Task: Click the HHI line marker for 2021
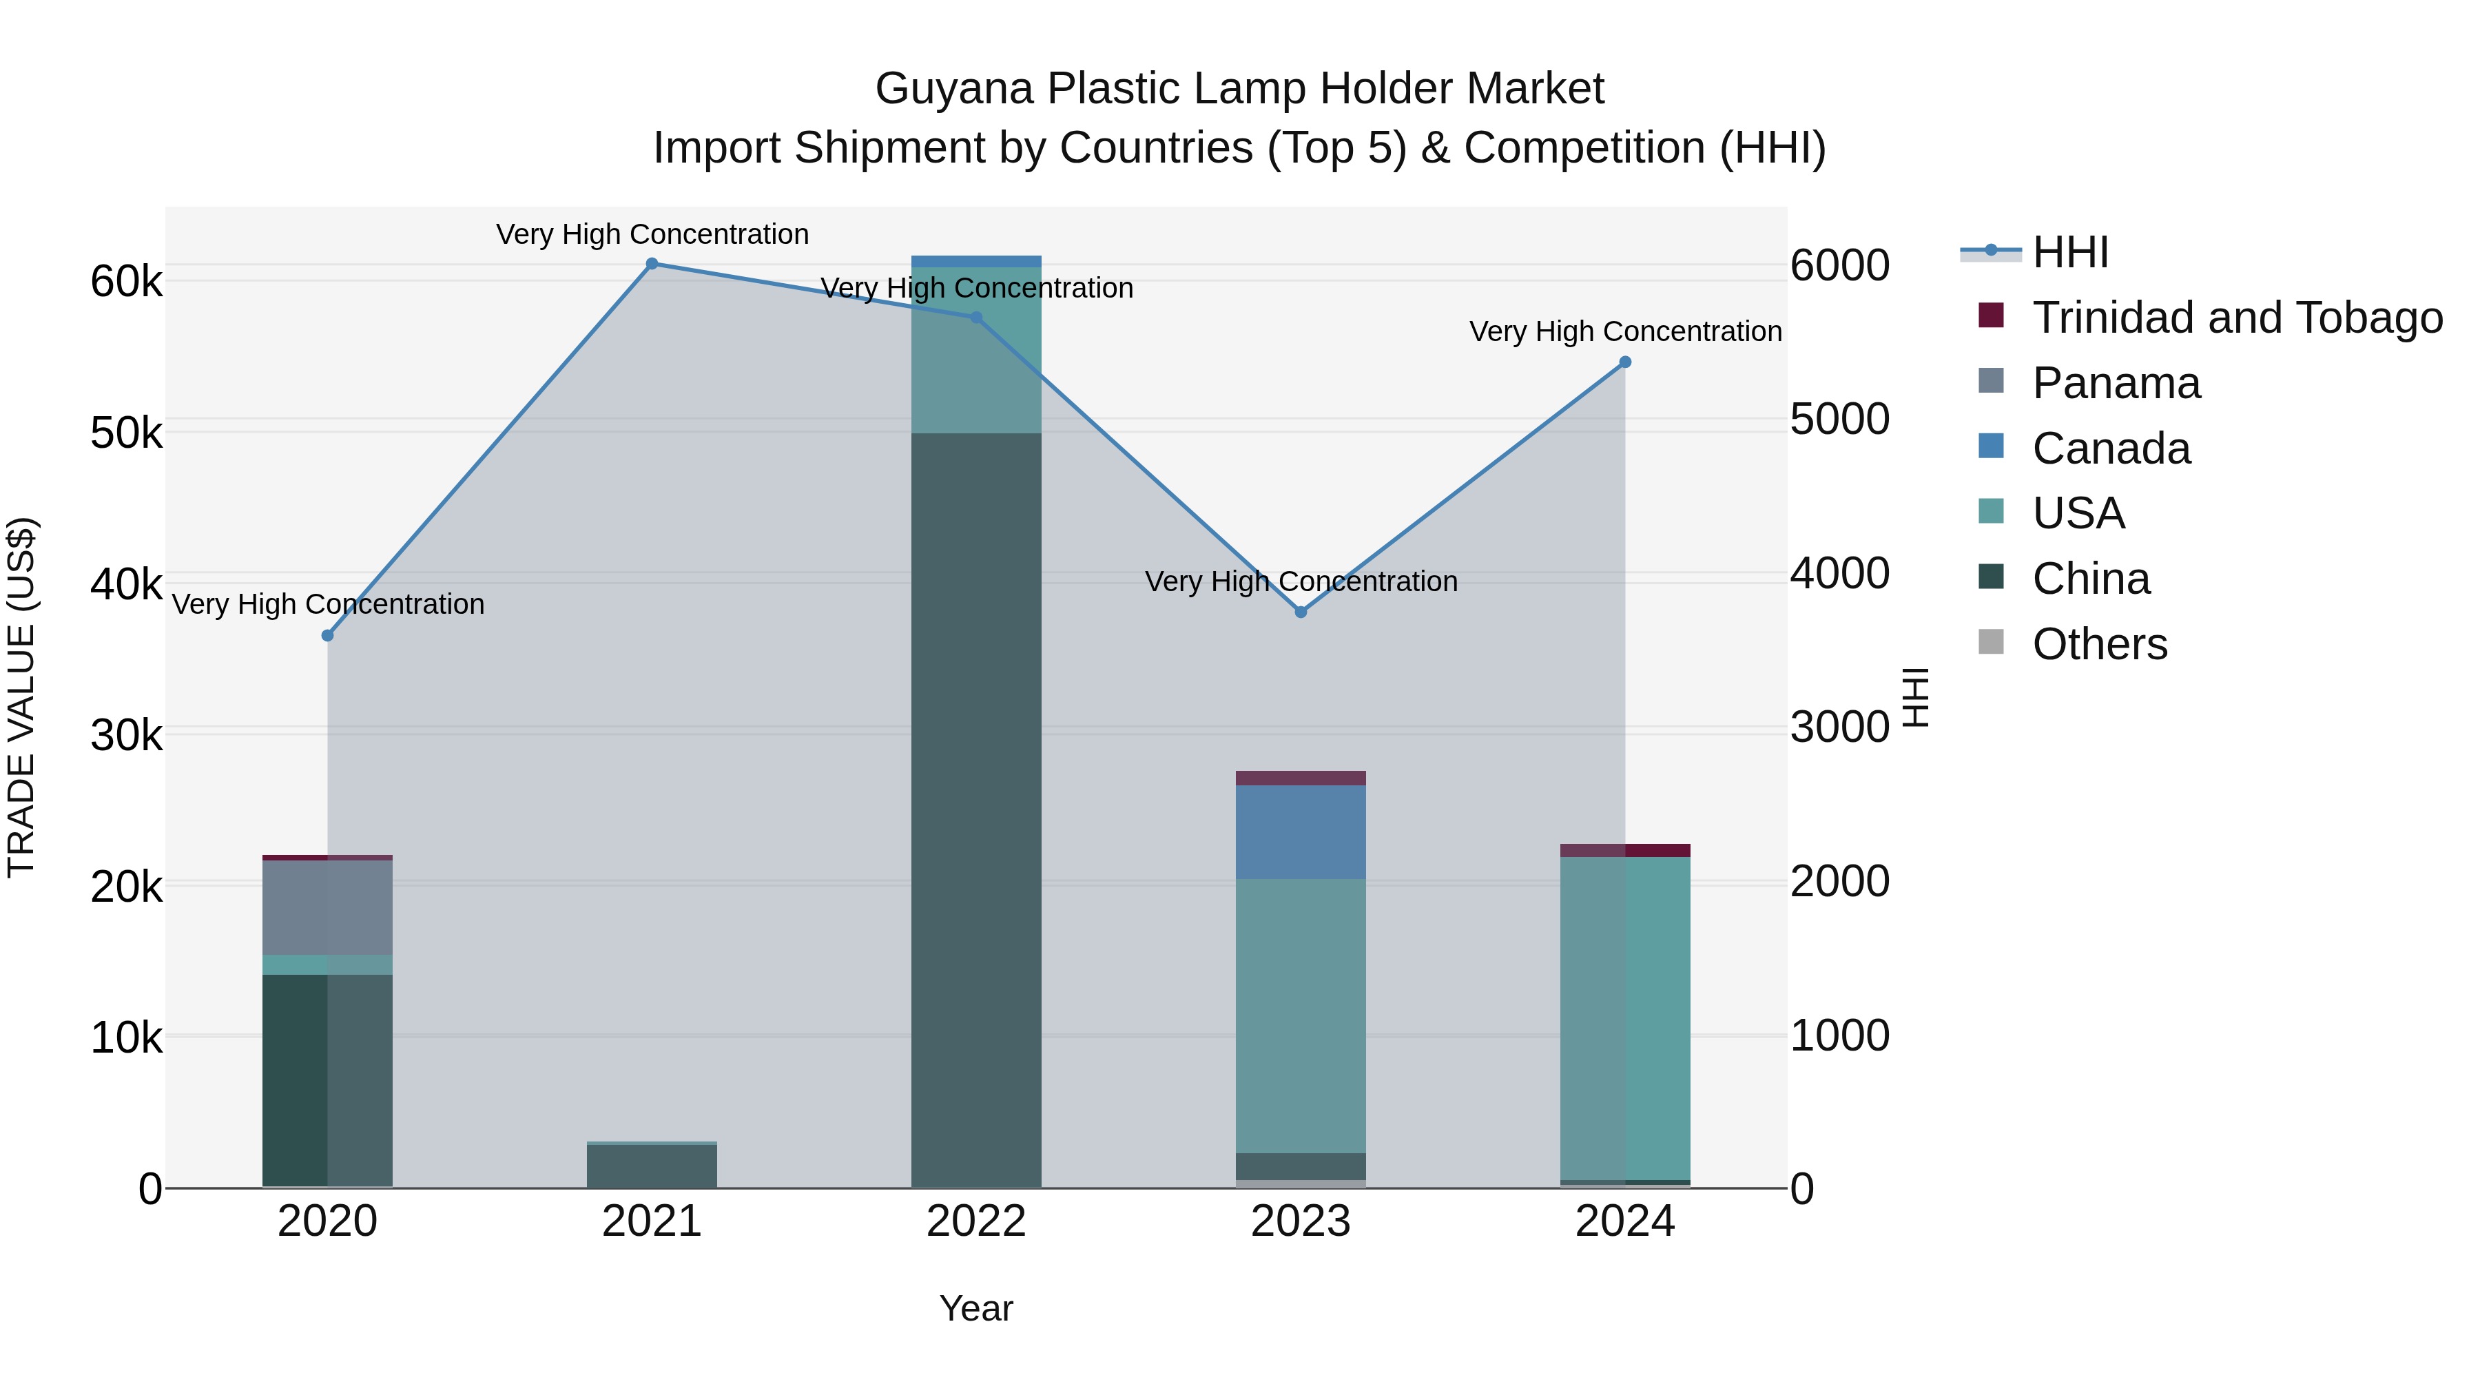click(652, 264)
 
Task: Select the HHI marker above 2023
click(1301, 612)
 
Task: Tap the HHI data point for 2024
click(1625, 362)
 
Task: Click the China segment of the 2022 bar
click(976, 809)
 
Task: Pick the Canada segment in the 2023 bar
click(1301, 831)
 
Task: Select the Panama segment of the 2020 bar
click(327, 907)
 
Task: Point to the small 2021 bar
click(652, 1165)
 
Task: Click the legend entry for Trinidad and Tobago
click(2236, 318)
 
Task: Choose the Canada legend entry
click(2111, 448)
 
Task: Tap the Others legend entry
click(2099, 644)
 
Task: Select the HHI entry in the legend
click(2070, 252)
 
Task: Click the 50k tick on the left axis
click(126, 433)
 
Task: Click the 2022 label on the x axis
click(976, 1221)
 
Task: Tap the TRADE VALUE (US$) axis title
click(22, 697)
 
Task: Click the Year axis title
click(976, 1308)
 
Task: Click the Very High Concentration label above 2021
click(652, 234)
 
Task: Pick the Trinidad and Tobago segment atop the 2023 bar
click(1301, 778)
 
